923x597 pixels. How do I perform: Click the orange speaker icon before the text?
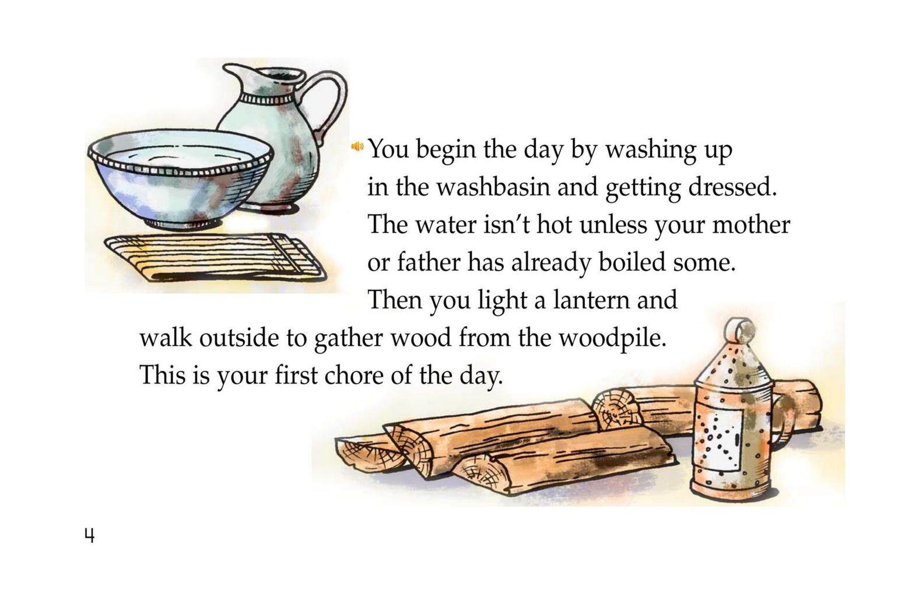coord(357,146)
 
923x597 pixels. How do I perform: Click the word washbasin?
coord(493,187)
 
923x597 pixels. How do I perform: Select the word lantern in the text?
coord(591,300)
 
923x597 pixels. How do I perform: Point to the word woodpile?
coord(612,339)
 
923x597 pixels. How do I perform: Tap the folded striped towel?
coord(214,258)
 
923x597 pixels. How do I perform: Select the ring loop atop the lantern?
coord(740,329)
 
